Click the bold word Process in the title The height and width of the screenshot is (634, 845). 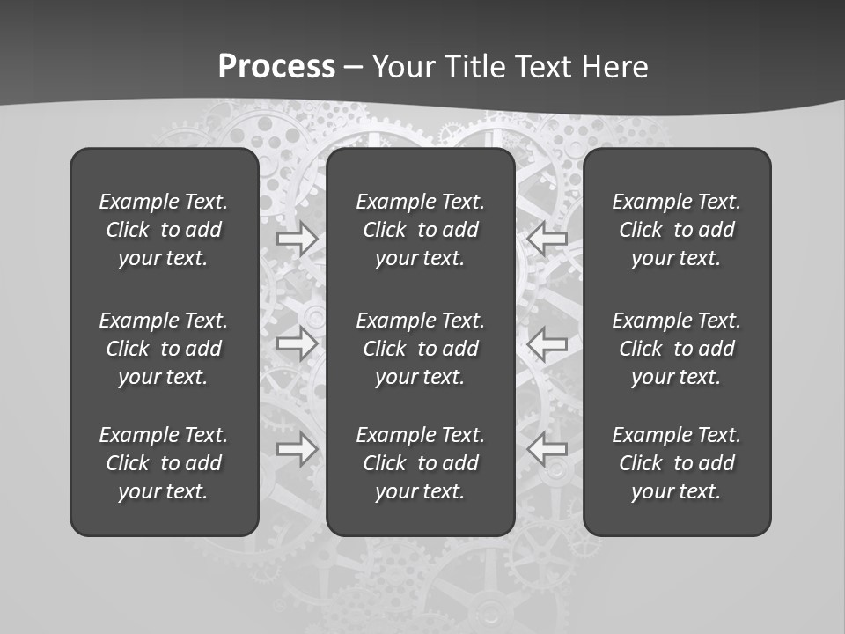[x=276, y=67]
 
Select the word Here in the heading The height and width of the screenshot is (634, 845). [x=614, y=67]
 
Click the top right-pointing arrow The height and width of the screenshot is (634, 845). [x=298, y=239]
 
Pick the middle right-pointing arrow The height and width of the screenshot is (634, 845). [x=298, y=343]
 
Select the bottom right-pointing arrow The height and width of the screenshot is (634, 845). [x=298, y=449]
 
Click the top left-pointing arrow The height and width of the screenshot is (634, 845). [x=547, y=239]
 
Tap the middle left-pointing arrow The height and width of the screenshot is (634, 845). [x=547, y=343]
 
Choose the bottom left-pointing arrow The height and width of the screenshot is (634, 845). [x=547, y=449]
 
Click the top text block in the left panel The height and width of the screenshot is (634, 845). [x=164, y=230]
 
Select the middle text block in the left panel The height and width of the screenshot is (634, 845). [x=164, y=349]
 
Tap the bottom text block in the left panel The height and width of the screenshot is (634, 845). [x=164, y=463]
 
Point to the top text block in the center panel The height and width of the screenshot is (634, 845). [x=420, y=230]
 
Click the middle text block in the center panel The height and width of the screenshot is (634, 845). [x=420, y=349]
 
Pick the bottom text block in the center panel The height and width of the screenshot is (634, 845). [x=420, y=463]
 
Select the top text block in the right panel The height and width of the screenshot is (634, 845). [x=676, y=230]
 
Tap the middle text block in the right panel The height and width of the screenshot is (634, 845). [x=676, y=349]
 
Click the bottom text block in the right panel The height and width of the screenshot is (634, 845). [x=676, y=463]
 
